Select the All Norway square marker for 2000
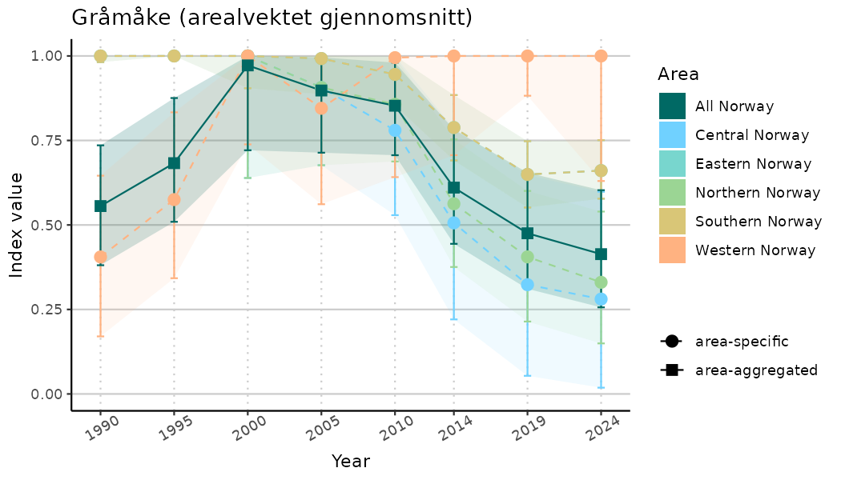(247, 65)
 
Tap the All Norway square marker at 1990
(100, 206)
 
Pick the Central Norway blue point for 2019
(527, 284)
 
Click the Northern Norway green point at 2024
(601, 282)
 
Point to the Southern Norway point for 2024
(601, 170)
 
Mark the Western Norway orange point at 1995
(174, 199)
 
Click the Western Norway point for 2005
(321, 108)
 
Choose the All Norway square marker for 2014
(453, 188)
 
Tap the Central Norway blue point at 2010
(394, 130)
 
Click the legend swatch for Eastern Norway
(672, 163)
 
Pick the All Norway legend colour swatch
(672, 106)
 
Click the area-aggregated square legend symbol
(671, 370)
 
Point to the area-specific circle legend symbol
(671, 342)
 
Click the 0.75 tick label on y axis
(46, 141)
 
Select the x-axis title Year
(351, 462)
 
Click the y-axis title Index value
(17, 225)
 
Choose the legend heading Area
(678, 74)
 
